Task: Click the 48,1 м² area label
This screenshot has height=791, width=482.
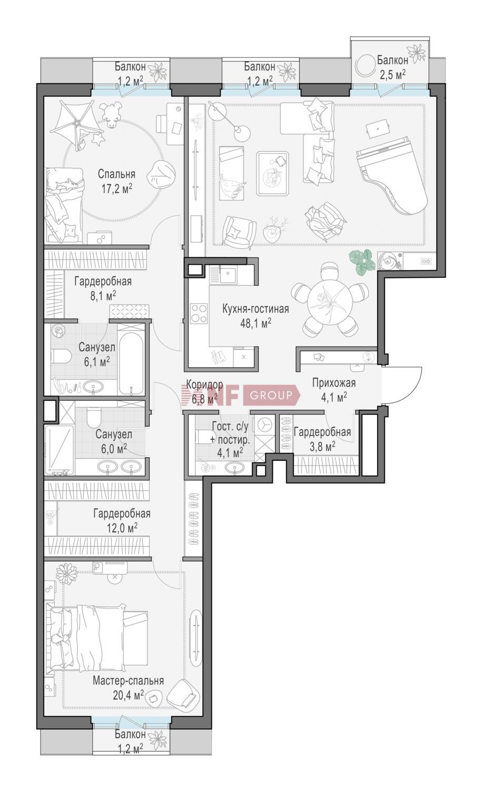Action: [x=256, y=323]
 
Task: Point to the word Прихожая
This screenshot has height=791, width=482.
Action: [x=334, y=383]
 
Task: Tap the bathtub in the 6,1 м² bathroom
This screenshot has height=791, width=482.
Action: [x=131, y=363]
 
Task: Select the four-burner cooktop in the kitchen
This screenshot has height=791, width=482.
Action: [x=199, y=313]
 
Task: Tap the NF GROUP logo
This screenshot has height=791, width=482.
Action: [x=240, y=395]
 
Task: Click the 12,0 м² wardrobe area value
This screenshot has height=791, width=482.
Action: [x=122, y=527]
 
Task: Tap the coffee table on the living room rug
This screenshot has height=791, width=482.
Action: [x=273, y=173]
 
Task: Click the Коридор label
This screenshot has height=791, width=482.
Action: [x=204, y=384]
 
